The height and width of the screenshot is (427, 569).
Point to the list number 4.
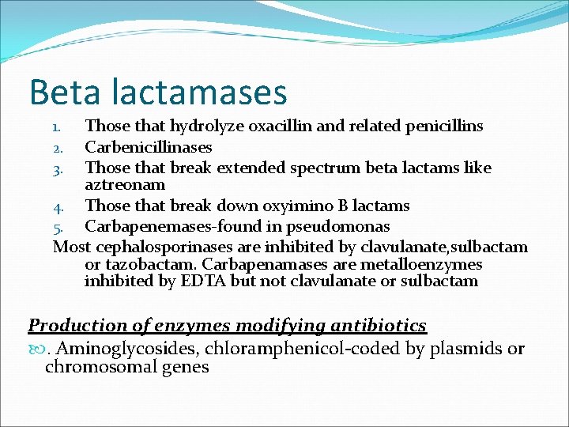coord(57,207)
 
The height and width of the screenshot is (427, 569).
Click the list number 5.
coord(57,228)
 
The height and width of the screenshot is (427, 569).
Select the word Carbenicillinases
coord(149,147)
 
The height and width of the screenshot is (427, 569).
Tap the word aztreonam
coord(125,185)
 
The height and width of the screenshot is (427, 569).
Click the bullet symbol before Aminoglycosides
coord(35,349)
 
